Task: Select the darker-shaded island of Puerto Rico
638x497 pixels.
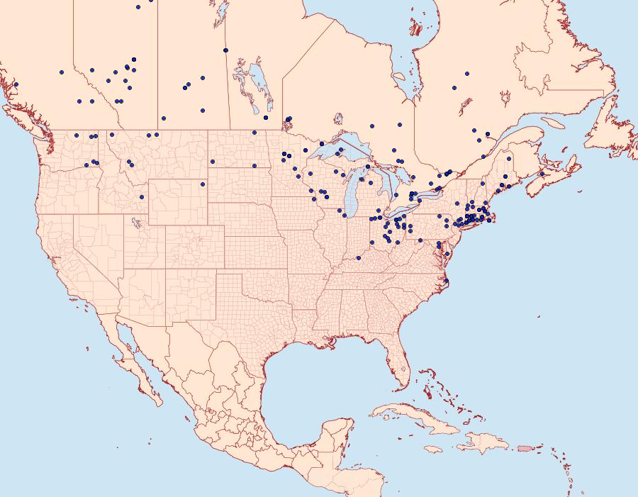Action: tap(525, 447)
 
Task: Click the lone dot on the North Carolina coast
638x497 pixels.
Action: tap(447, 281)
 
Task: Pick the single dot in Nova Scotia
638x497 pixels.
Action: tap(542, 174)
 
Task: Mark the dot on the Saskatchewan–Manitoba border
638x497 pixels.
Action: tap(225, 50)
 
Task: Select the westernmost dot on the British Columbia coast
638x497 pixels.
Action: tap(16, 84)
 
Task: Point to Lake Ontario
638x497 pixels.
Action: tap(426, 194)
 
